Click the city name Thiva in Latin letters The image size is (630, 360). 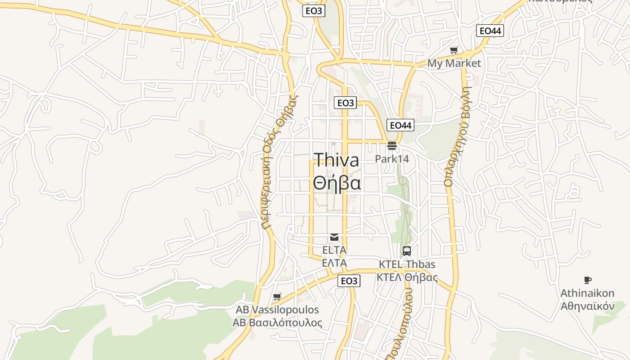click(x=336, y=160)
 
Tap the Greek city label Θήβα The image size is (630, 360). click(x=337, y=183)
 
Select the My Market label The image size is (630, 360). click(x=454, y=63)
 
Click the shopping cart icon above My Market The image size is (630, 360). click(x=454, y=50)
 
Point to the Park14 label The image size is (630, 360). click(x=392, y=158)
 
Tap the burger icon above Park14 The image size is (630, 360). click(x=391, y=146)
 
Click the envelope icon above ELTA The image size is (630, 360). click(x=334, y=237)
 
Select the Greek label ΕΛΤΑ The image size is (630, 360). click(x=334, y=263)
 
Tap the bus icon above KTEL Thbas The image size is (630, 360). click(x=407, y=251)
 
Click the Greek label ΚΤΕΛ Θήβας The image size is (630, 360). click(x=407, y=277)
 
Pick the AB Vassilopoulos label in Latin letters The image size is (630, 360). click(x=277, y=310)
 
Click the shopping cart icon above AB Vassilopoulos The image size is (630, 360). click(x=277, y=297)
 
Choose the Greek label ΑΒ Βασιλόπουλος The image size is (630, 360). click(x=277, y=323)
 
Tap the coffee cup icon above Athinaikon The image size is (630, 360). click(x=587, y=280)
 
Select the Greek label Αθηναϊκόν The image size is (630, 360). click(x=587, y=306)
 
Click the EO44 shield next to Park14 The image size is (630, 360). click(x=400, y=125)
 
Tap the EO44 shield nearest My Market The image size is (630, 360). click(x=490, y=31)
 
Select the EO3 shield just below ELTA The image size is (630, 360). click(x=349, y=281)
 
